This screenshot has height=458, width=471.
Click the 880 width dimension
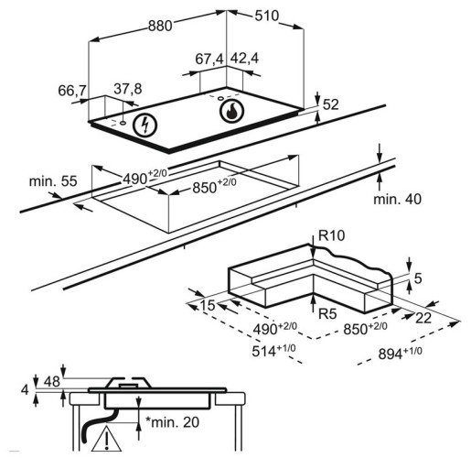click(x=160, y=26)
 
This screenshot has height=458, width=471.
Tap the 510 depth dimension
click(x=267, y=16)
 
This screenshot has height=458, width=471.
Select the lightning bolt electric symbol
click(x=145, y=125)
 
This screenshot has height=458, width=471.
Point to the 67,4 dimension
click(x=209, y=59)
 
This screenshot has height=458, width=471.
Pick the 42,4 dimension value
click(x=244, y=58)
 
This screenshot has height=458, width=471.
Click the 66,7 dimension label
click(x=72, y=91)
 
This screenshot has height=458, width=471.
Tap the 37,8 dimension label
click(x=128, y=89)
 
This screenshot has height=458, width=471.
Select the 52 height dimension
click(x=330, y=104)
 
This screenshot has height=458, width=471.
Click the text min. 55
click(x=53, y=181)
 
